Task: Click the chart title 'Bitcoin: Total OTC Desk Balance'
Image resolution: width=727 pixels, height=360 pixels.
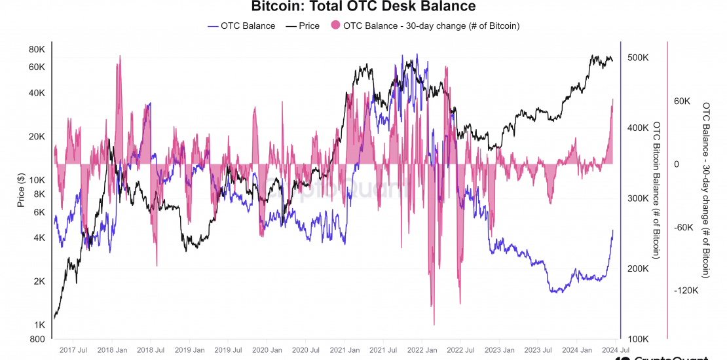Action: coord(363,7)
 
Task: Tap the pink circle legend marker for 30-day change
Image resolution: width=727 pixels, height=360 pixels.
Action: coord(336,26)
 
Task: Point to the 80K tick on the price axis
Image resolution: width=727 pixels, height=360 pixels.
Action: coord(36,50)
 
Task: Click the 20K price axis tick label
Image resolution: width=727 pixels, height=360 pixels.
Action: coord(36,137)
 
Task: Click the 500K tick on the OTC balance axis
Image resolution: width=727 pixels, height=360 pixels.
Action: coord(638,58)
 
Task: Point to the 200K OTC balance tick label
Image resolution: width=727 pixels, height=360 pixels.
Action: coord(638,269)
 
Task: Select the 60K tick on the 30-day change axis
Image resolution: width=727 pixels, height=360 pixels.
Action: coord(682,101)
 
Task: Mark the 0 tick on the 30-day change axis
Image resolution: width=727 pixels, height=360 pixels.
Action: coord(677,164)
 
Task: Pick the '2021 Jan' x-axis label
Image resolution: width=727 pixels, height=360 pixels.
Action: coord(343,350)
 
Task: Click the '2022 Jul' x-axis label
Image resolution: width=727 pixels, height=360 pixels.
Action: coord(458,350)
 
